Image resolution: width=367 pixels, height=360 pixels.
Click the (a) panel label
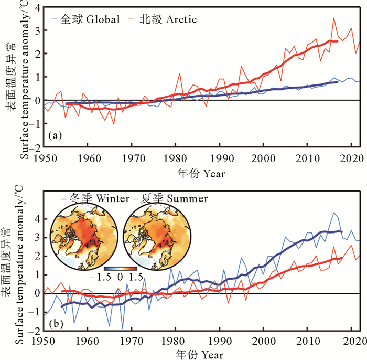[x=55, y=136]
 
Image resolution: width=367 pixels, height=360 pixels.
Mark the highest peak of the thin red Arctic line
[x=333, y=18]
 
